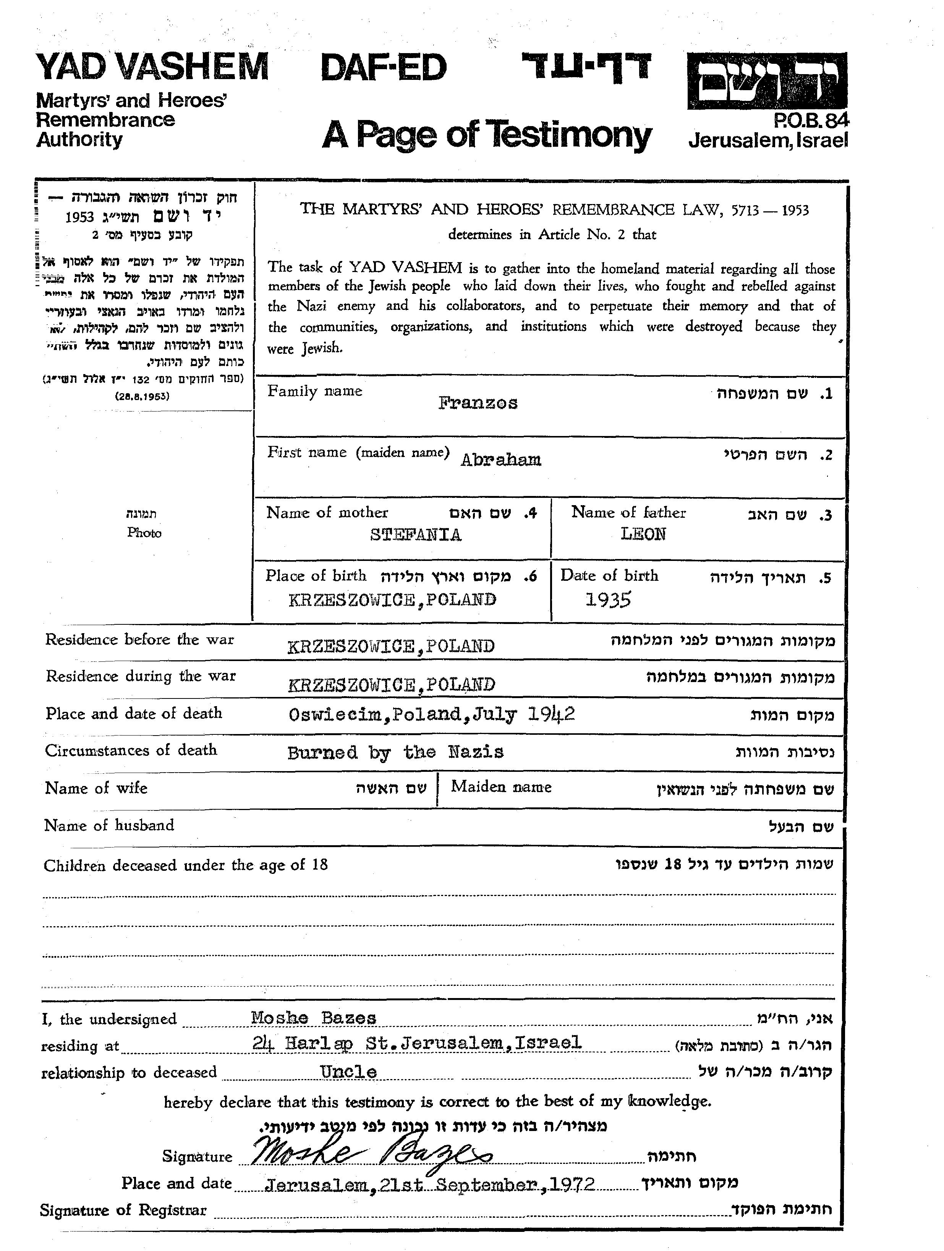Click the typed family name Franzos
tap(478, 403)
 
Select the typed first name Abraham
tap(500, 459)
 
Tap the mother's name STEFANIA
tap(416, 535)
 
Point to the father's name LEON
tap(643, 534)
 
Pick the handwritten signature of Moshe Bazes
tap(371, 1153)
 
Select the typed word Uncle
tap(348, 1072)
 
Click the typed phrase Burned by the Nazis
tap(395, 752)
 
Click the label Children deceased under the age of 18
tap(186, 865)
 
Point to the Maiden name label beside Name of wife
tap(501, 787)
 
